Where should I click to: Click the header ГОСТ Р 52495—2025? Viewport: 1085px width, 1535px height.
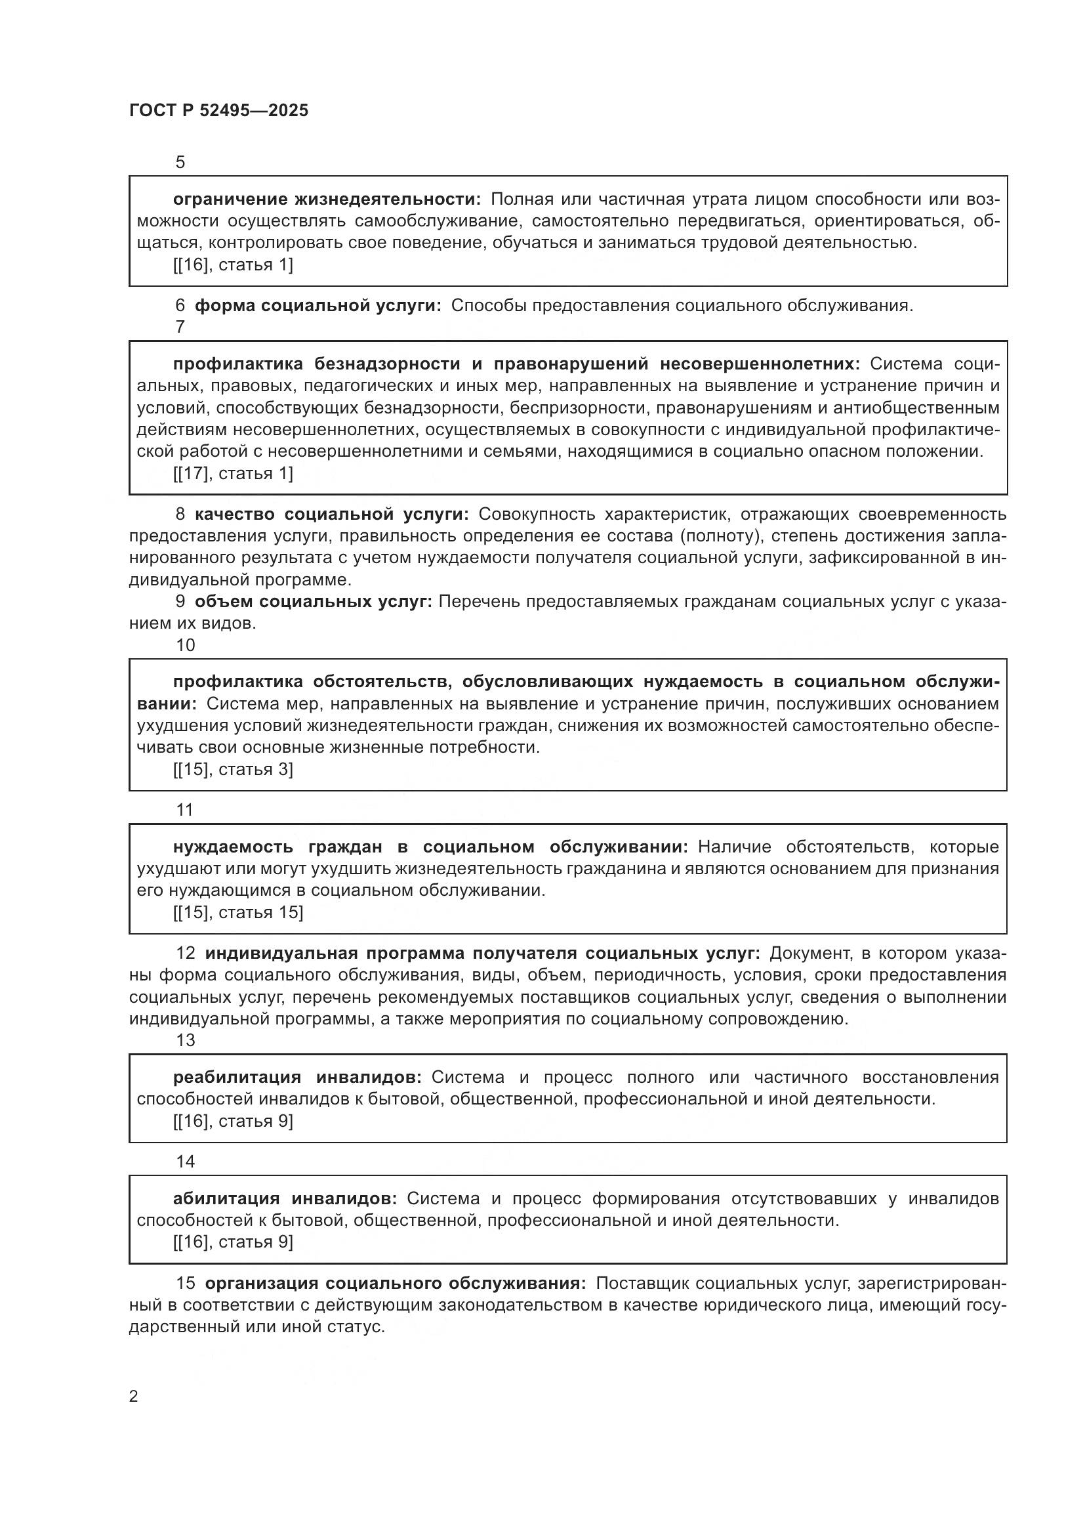[218, 111]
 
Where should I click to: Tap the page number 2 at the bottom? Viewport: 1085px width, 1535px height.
[134, 1396]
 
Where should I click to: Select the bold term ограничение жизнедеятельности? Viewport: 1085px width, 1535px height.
[327, 200]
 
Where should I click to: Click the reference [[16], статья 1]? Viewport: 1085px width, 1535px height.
[232, 264]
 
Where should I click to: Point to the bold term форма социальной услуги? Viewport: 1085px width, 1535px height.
[318, 306]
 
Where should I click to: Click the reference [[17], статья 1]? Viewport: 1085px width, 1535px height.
[232, 473]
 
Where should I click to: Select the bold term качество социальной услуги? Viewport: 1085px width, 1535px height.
[332, 514]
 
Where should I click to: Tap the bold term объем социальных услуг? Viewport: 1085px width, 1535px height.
[314, 601]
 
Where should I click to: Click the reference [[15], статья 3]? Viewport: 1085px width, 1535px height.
[232, 770]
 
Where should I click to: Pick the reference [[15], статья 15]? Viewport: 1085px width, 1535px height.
[238, 913]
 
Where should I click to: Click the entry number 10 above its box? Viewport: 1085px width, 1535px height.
[186, 645]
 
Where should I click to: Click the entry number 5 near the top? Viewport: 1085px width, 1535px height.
[180, 163]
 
